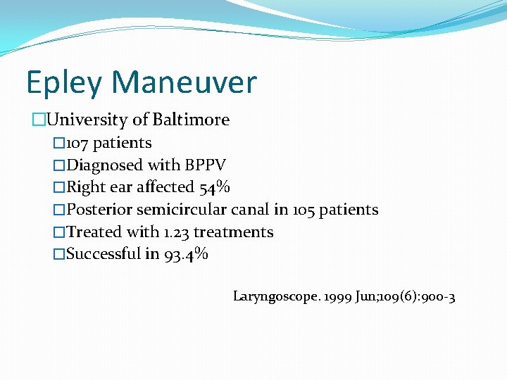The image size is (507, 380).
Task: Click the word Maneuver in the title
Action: coord(184,82)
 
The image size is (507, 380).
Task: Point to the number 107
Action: coord(77,143)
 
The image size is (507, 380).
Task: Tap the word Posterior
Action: coord(99,210)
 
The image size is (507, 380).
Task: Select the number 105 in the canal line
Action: coord(304,210)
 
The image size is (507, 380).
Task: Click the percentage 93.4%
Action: coord(186,254)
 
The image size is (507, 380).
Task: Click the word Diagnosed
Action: coord(104,165)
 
